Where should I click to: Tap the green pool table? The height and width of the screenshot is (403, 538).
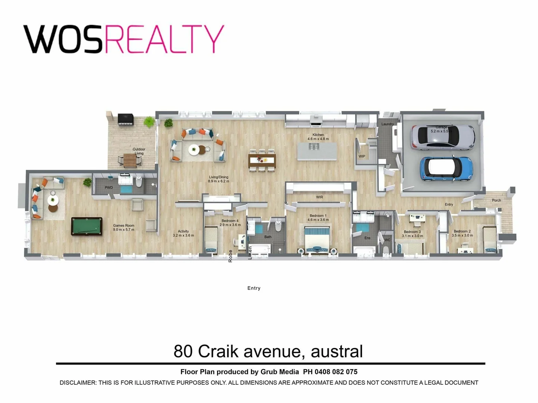click(87, 226)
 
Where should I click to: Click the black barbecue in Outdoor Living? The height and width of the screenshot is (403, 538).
click(125, 119)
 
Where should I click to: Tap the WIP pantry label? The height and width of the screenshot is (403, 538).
click(362, 156)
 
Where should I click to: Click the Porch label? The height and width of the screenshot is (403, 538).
click(496, 200)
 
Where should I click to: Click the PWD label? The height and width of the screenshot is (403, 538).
click(109, 188)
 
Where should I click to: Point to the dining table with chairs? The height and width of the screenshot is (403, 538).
click(262, 160)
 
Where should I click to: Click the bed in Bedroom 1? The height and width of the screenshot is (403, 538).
click(317, 241)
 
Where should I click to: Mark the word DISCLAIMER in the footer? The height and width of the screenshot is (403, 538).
click(77, 382)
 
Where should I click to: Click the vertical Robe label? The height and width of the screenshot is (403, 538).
click(231, 256)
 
